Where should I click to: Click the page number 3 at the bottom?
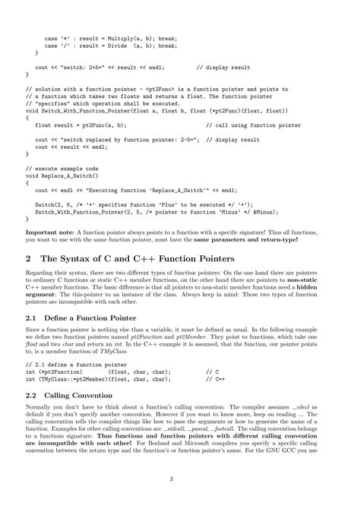click(x=180, y=479)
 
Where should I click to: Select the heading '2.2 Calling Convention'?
click(x=69, y=396)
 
